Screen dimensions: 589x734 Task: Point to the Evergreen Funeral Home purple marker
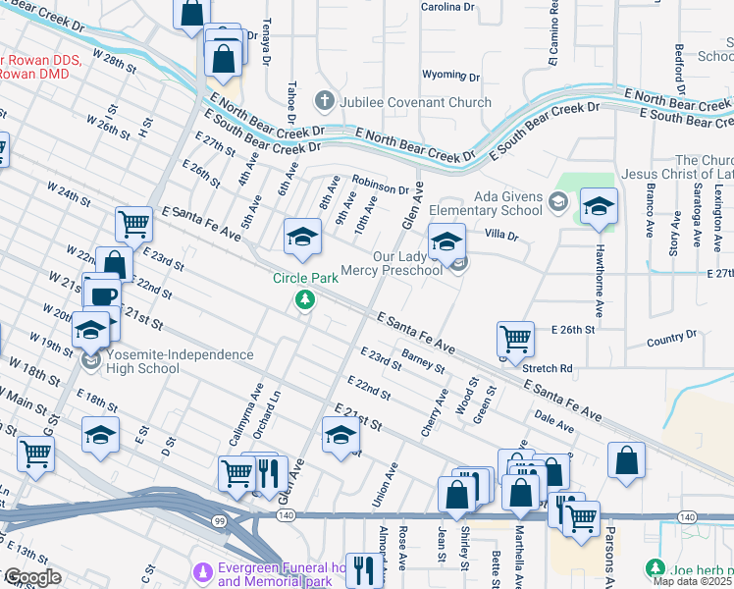pos(203,570)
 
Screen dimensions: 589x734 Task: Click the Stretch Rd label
pos(548,369)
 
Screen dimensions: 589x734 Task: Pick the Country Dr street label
pos(672,340)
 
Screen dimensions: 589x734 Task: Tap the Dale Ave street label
pos(555,422)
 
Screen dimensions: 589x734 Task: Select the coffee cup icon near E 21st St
pos(102,294)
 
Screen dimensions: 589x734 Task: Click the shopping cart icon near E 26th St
pos(515,340)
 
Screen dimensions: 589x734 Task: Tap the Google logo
pos(31,577)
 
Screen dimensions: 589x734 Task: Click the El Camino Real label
pos(553,45)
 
